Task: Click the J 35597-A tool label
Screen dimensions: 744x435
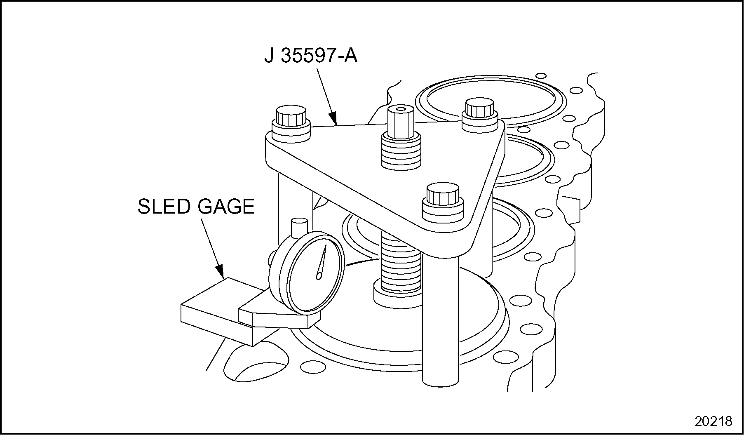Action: tap(311, 56)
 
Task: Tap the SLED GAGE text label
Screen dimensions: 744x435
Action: tap(196, 206)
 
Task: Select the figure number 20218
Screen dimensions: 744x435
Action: tap(713, 421)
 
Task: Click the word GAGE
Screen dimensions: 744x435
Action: tap(226, 206)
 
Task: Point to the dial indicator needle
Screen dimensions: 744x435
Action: tap(322, 262)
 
